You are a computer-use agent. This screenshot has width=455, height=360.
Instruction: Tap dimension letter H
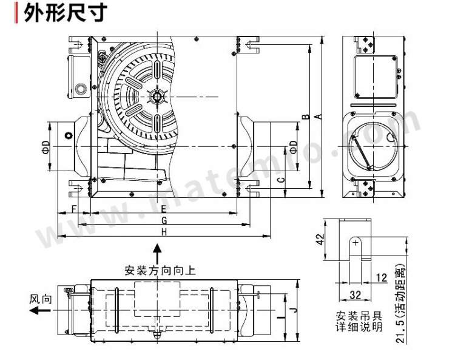pos(164,232)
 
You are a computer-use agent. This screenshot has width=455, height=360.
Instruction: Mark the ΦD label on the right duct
pos(294,146)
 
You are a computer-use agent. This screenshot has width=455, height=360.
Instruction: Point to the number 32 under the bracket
pos(355,296)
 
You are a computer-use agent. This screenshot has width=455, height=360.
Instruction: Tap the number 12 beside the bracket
pos(382,277)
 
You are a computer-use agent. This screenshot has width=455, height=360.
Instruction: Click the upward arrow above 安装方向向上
pos(157,251)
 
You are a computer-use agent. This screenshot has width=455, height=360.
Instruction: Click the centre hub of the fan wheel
pos(157,97)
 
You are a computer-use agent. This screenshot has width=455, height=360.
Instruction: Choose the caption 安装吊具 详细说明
pos(359,322)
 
